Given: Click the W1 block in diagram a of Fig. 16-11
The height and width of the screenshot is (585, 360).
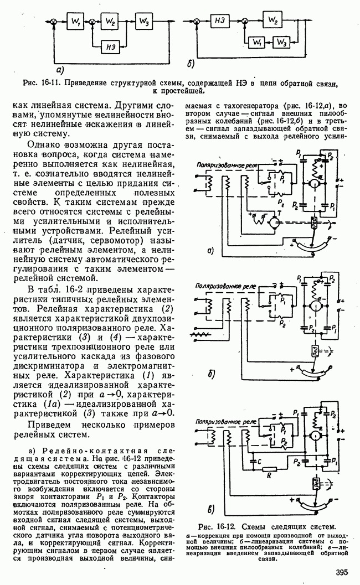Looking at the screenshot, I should (x=75, y=23).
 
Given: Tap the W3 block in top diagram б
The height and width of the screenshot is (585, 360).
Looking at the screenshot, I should (x=281, y=42).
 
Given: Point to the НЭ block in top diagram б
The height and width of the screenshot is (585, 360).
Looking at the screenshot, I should (x=219, y=20).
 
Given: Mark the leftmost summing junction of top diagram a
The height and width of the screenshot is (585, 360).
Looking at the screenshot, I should (x=54, y=23).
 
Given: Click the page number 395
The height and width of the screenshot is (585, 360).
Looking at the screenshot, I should (x=342, y=573).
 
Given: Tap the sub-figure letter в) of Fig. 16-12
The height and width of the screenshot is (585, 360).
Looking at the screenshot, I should (x=210, y=509).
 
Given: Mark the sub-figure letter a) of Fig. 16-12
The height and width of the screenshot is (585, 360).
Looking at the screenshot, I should (x=210, y=250).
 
